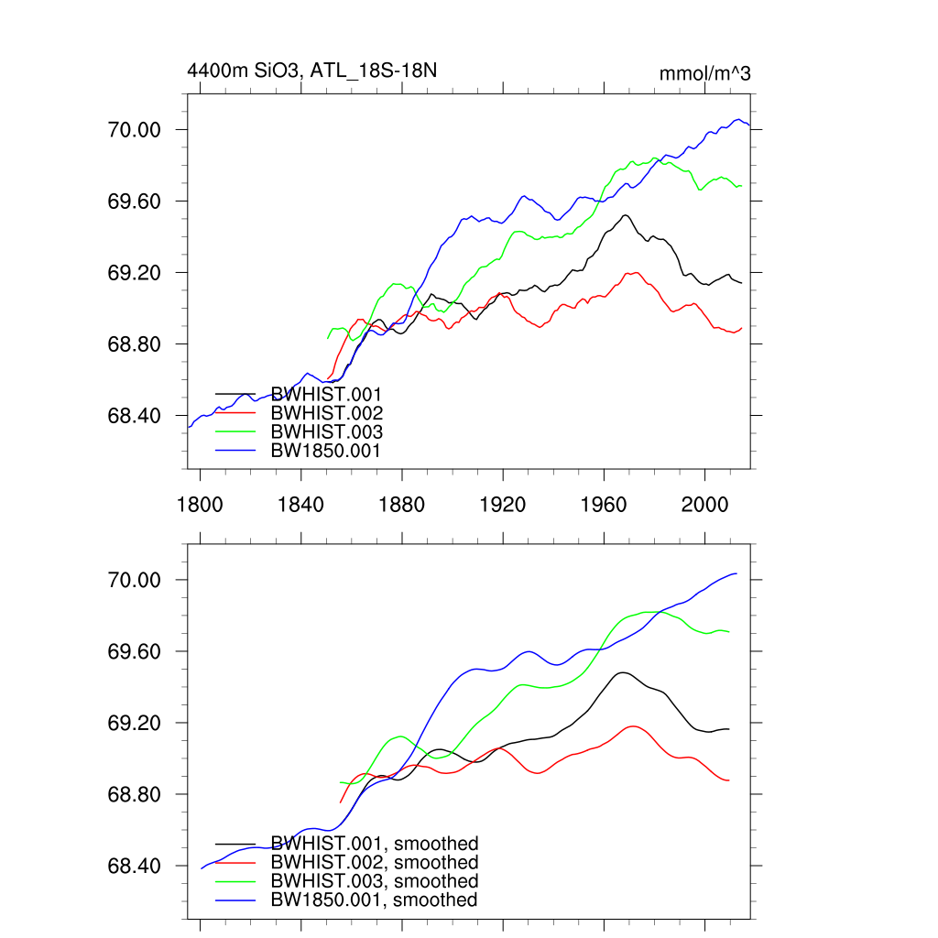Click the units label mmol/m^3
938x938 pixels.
tap(704, 73)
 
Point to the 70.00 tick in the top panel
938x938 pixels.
tap(135, 130)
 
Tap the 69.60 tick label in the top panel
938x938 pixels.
tap(135, 202)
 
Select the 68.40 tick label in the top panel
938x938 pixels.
tap(135, 416)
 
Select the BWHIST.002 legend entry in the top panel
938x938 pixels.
tap(326, 413)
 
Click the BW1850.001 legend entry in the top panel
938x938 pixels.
tap(325, 451)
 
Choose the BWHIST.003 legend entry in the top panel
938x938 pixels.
tap(326, 431)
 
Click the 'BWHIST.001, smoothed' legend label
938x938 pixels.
tap(375, 844)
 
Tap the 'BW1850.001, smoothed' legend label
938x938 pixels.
tap(374, 900)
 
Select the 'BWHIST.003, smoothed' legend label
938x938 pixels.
tap(375, 881)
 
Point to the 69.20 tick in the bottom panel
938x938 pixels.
tap(135, 724)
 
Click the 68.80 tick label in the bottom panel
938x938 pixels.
tap(135, 795)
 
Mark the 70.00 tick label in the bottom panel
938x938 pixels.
tap(135, 581)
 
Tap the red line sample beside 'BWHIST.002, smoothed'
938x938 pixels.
tap(235, 863)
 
